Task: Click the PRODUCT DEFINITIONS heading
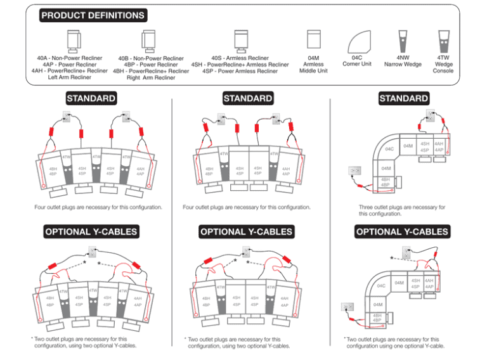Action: click(93, 15)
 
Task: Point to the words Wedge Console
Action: click(443, 67)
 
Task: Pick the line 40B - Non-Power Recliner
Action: click(151, 58)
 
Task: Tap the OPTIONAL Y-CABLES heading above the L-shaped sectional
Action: click(402, 232)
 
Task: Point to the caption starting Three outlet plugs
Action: click(403, 210)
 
